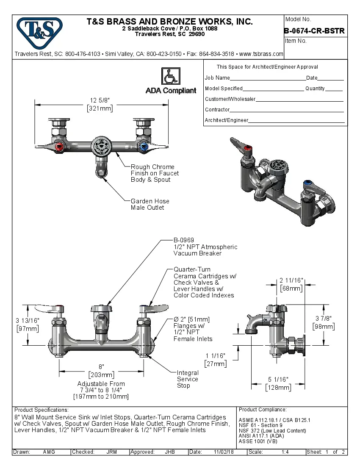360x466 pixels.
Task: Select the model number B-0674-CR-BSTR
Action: [314, 31]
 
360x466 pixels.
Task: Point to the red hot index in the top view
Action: [59, 147]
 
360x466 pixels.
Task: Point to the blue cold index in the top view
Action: [143, 147]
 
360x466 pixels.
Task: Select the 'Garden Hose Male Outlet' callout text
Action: [150, 204]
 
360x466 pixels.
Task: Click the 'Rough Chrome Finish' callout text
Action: [155, 173]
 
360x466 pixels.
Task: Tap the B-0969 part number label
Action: [184, 240]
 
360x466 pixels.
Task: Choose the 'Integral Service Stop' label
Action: [188, 379]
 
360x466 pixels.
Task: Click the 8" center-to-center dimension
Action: [101, 366]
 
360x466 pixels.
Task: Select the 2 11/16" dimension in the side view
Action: [291, 280]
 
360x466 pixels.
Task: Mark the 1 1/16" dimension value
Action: [216, 355]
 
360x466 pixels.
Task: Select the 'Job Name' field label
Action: [217, 78]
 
